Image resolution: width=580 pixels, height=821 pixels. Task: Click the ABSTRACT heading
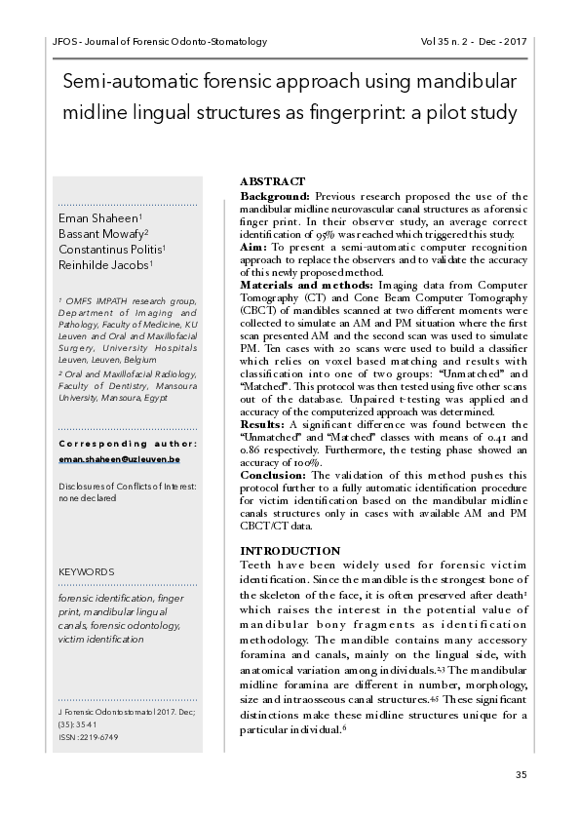(x=272, y=182)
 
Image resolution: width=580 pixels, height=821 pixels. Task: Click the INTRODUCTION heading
(x=290, y=551)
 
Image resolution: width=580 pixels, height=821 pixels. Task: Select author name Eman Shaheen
(x=100, y=217)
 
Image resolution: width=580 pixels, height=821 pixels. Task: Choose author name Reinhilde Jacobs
(x=106, y=264)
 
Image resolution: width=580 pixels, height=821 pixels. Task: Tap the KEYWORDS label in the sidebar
(x=87, y=571)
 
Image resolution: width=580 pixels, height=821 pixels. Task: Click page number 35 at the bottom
(x=521, y=774)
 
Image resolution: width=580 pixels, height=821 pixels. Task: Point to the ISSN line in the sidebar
(x=87, y=737)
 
